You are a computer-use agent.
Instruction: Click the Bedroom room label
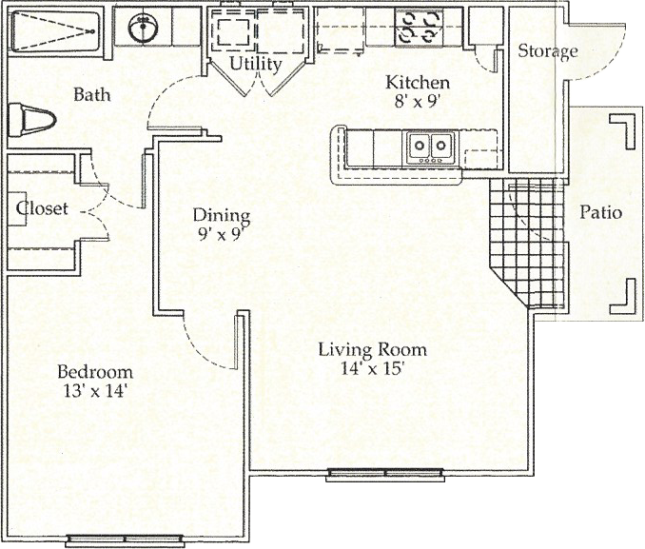pyautogui.click(x=95, y=372)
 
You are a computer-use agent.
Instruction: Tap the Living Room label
pyautogui.click(x=373, y=350)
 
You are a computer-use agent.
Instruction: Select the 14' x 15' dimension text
pyautogui.click(x=371, y=368)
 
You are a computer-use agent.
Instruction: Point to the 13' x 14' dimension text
pyautogui.click(x=94, y=390)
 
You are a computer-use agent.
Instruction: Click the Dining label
pyautogui.click(x=222, y=215)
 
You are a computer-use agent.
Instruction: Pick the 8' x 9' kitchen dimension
pyautogui.click(x=415, y=101)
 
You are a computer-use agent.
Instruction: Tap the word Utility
pyautogui.click(x=256, y=64)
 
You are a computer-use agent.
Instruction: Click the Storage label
pyautogui.click(x=548, y=51)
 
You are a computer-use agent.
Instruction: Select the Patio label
pyautogui.click(x=600, y=213)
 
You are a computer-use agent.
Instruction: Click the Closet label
pyautogui.click(x=42, y=208)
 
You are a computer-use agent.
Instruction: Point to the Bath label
pyautogui.click(x=92, y=95)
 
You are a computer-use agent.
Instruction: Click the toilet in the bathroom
pyautogui.click(x=31, y=120)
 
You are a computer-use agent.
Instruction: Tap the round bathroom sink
pyautogui.click(x=143, y=28)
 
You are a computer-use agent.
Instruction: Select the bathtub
pyautogui.click(x=55, y=31)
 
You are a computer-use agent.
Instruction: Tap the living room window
pyautogui.click(x=385, y=475)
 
